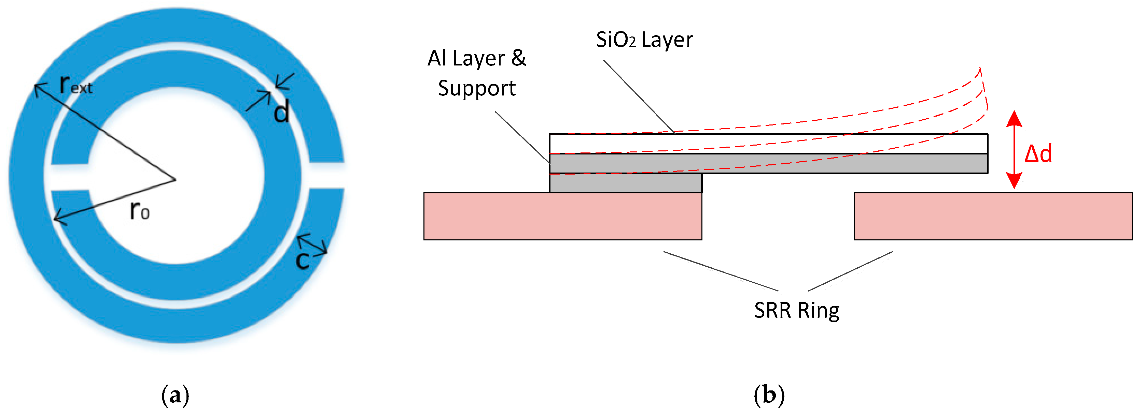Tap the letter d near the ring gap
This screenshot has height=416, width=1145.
[281, 112]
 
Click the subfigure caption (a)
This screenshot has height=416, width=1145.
[175, 395]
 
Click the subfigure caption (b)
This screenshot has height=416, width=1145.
[769, 395]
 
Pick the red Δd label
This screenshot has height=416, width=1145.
[1038, 154]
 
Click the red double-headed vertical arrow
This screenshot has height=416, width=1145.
[1014, 150]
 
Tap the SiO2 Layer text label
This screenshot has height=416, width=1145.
[644, 40]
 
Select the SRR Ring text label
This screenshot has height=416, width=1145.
[797, 310]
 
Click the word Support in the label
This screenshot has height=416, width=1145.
[476, 88]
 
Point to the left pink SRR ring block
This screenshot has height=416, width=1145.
[562, 216]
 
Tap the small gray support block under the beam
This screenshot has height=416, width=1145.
[625, 183]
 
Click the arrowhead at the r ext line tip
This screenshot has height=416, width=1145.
[38, 86]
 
